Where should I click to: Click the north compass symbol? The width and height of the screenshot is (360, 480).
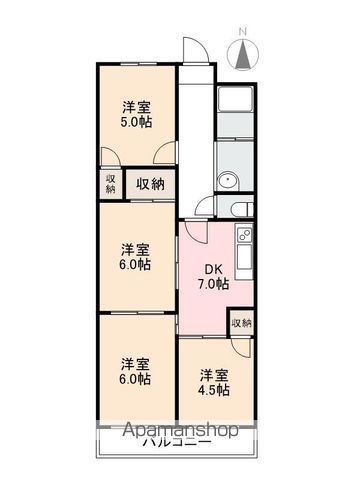click(243, 54)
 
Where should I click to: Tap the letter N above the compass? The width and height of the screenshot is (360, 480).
click(243, 32)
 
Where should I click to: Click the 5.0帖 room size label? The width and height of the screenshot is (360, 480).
click(136, 122)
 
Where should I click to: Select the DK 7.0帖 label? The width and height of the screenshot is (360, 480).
click(213, 276)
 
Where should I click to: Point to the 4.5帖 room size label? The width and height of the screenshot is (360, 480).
click(214, 389)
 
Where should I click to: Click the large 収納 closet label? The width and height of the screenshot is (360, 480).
click(150, 184)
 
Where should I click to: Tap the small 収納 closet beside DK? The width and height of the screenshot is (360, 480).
click(242, 323)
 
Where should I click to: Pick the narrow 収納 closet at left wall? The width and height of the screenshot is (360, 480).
click(111, 184)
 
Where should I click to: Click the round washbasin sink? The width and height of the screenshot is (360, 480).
click(228, 181)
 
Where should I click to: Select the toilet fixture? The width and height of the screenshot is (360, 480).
click(243, 209)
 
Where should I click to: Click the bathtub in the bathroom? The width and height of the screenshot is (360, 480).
click(235, 99)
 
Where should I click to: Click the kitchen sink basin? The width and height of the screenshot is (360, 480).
click(244, 258)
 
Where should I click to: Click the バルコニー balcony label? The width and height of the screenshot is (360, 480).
click(177, 443)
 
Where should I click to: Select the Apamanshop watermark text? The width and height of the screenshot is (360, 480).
click(181, 430)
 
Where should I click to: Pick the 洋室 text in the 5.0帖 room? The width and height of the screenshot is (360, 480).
click(136, 108)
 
